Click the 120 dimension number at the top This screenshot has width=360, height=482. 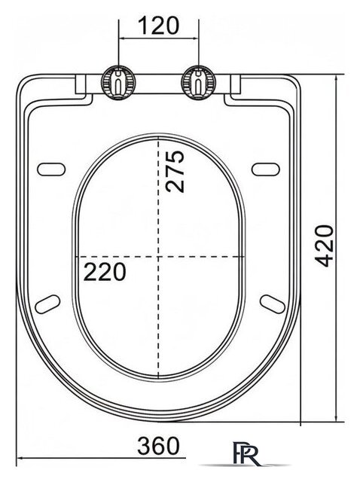158,26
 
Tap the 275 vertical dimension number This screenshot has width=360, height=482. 175,172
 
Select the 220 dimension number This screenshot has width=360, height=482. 105,272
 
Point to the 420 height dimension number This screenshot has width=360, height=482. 324,246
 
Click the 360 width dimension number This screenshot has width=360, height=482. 158,446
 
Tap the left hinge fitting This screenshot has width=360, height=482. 118,82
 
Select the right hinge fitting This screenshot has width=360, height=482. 199,82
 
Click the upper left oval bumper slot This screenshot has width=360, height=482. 51,169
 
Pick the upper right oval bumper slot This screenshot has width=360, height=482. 266,169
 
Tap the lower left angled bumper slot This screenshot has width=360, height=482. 47,304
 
